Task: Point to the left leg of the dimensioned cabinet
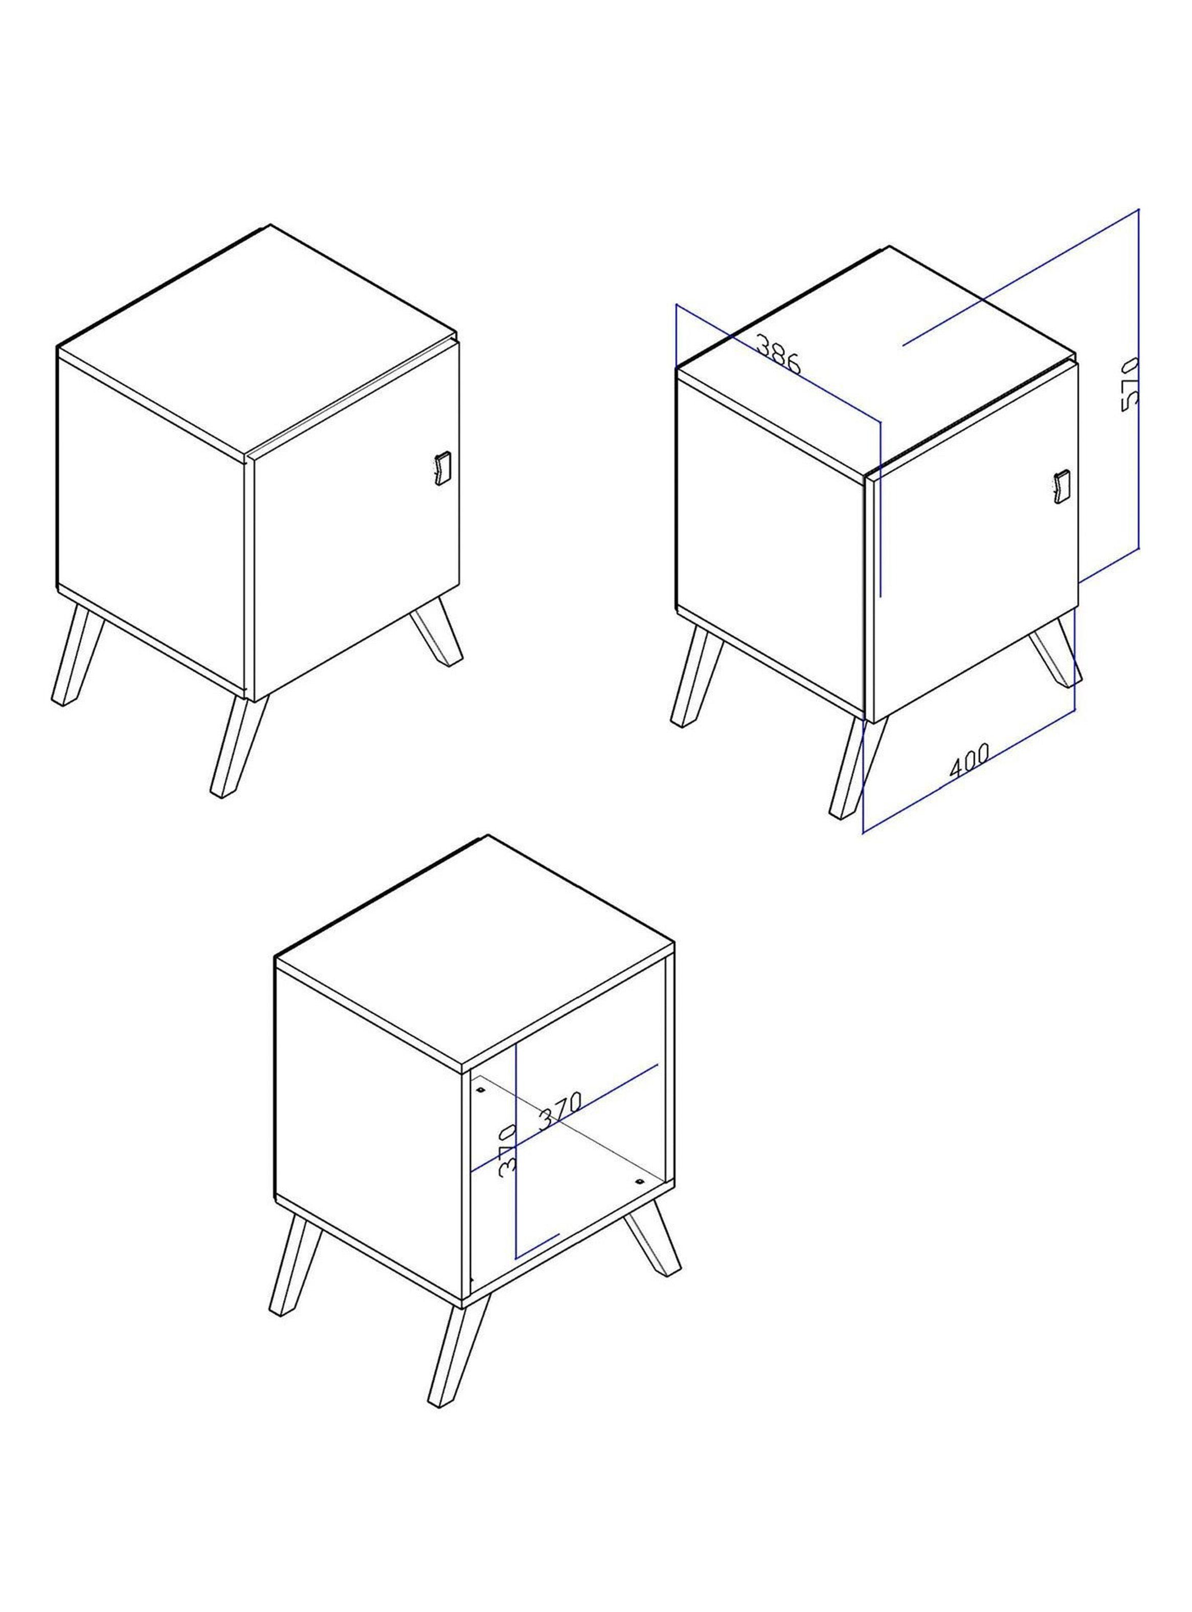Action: pyautogui.click(x=696, y=675)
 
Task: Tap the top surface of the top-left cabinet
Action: pyautogui.click(x=256, y=340)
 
